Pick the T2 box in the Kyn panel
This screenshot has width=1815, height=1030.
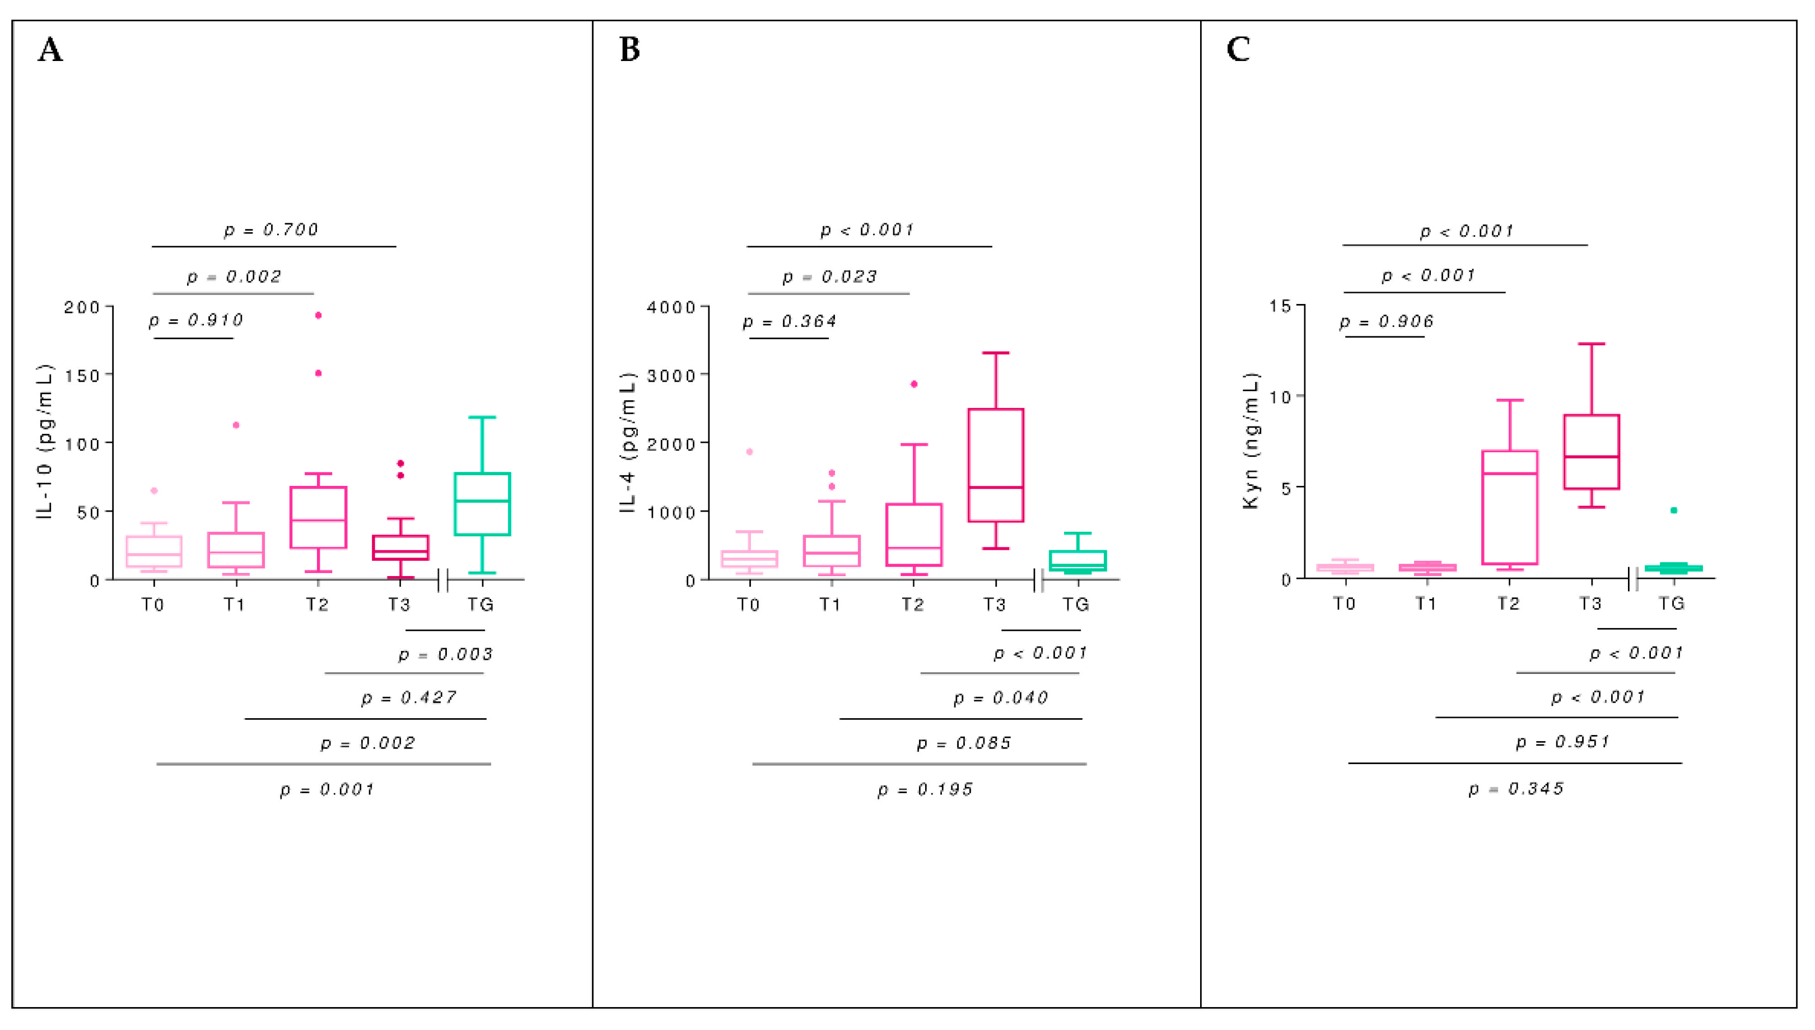pyautogui.click(x=1509, y=507)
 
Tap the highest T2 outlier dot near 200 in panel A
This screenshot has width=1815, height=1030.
pyautogui.click(x=319, y=316)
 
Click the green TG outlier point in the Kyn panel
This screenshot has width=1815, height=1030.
pyautogui.click(x=1673, y=510)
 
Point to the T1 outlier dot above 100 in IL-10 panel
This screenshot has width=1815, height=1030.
pyautogui.click(x=236, y=425)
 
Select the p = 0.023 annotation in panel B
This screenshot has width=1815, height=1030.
pyautogui.click(x=829, y=277)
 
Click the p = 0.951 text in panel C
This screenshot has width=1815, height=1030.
pyautogui.click(x=1562, y=741)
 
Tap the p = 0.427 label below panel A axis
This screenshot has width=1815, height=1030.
pyautogui.click(x=408, y=697)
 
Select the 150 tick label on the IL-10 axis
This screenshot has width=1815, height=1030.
pyautogui.click(x=82, y=376)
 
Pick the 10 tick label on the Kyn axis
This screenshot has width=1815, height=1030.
pyautogui.click(x=1281, y=397)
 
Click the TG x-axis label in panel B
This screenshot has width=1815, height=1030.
pyautogui.click(x=1076, y=604)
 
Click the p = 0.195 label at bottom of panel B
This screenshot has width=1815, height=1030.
pyautogui.click(x=925, y=789)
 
